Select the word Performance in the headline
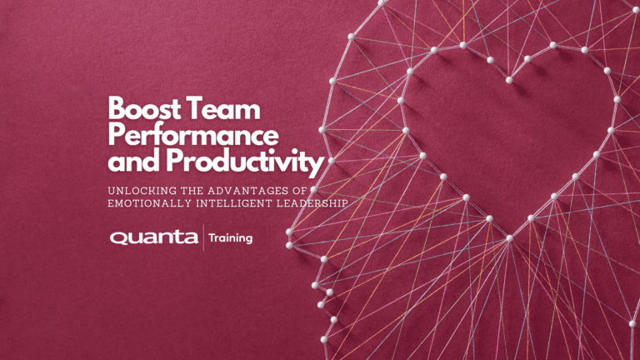click(x=193, y=135)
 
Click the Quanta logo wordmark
click(x=154, y=238)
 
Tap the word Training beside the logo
click(x=231, y=238)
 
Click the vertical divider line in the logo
click(x=203, y=238)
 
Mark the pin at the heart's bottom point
click(x=509, y=238)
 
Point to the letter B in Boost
click(x=117, y=109)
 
